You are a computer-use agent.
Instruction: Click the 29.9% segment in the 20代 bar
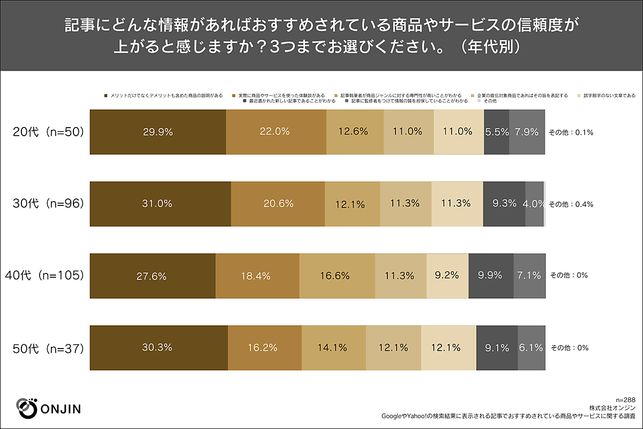pos(158,132)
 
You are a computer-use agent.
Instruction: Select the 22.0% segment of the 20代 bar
pos(275,132)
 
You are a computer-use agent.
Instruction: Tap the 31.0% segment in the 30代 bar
pos(160,204)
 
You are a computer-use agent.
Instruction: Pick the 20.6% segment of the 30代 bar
pos(278,204)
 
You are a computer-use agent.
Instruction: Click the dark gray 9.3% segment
pos(504,204)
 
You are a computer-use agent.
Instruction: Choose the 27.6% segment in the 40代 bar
pos(152,276)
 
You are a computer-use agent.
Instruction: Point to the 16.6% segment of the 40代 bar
pos(337,276)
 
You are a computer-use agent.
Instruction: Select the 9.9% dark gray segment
pos(490,276)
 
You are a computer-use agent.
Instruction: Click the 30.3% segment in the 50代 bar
pos(159,347)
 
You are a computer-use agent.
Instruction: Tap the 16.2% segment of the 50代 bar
pos(265,347)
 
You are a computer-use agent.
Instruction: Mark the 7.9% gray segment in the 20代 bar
pos(526,132)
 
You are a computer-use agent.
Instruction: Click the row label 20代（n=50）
pos(49,132)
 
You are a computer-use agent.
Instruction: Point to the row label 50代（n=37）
pos(49,347)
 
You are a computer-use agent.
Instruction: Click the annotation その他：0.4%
pos(571,204)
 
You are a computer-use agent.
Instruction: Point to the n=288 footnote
pos(625,400)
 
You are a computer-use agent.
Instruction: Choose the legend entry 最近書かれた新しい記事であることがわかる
pos(289,101)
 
